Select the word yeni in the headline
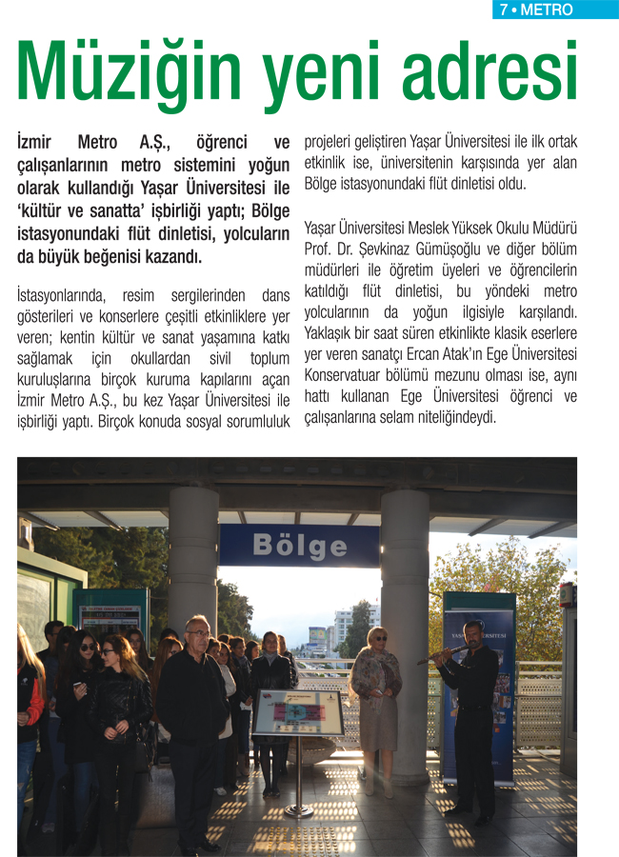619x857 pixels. click(301, 70)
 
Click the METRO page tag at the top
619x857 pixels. click(549, 10)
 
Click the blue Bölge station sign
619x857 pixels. click(299, 546)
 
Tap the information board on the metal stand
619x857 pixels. click(298, 712)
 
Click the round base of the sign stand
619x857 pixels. click(298, 810)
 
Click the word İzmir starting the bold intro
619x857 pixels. click(38, 143)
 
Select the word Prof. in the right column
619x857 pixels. click(320, 249)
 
